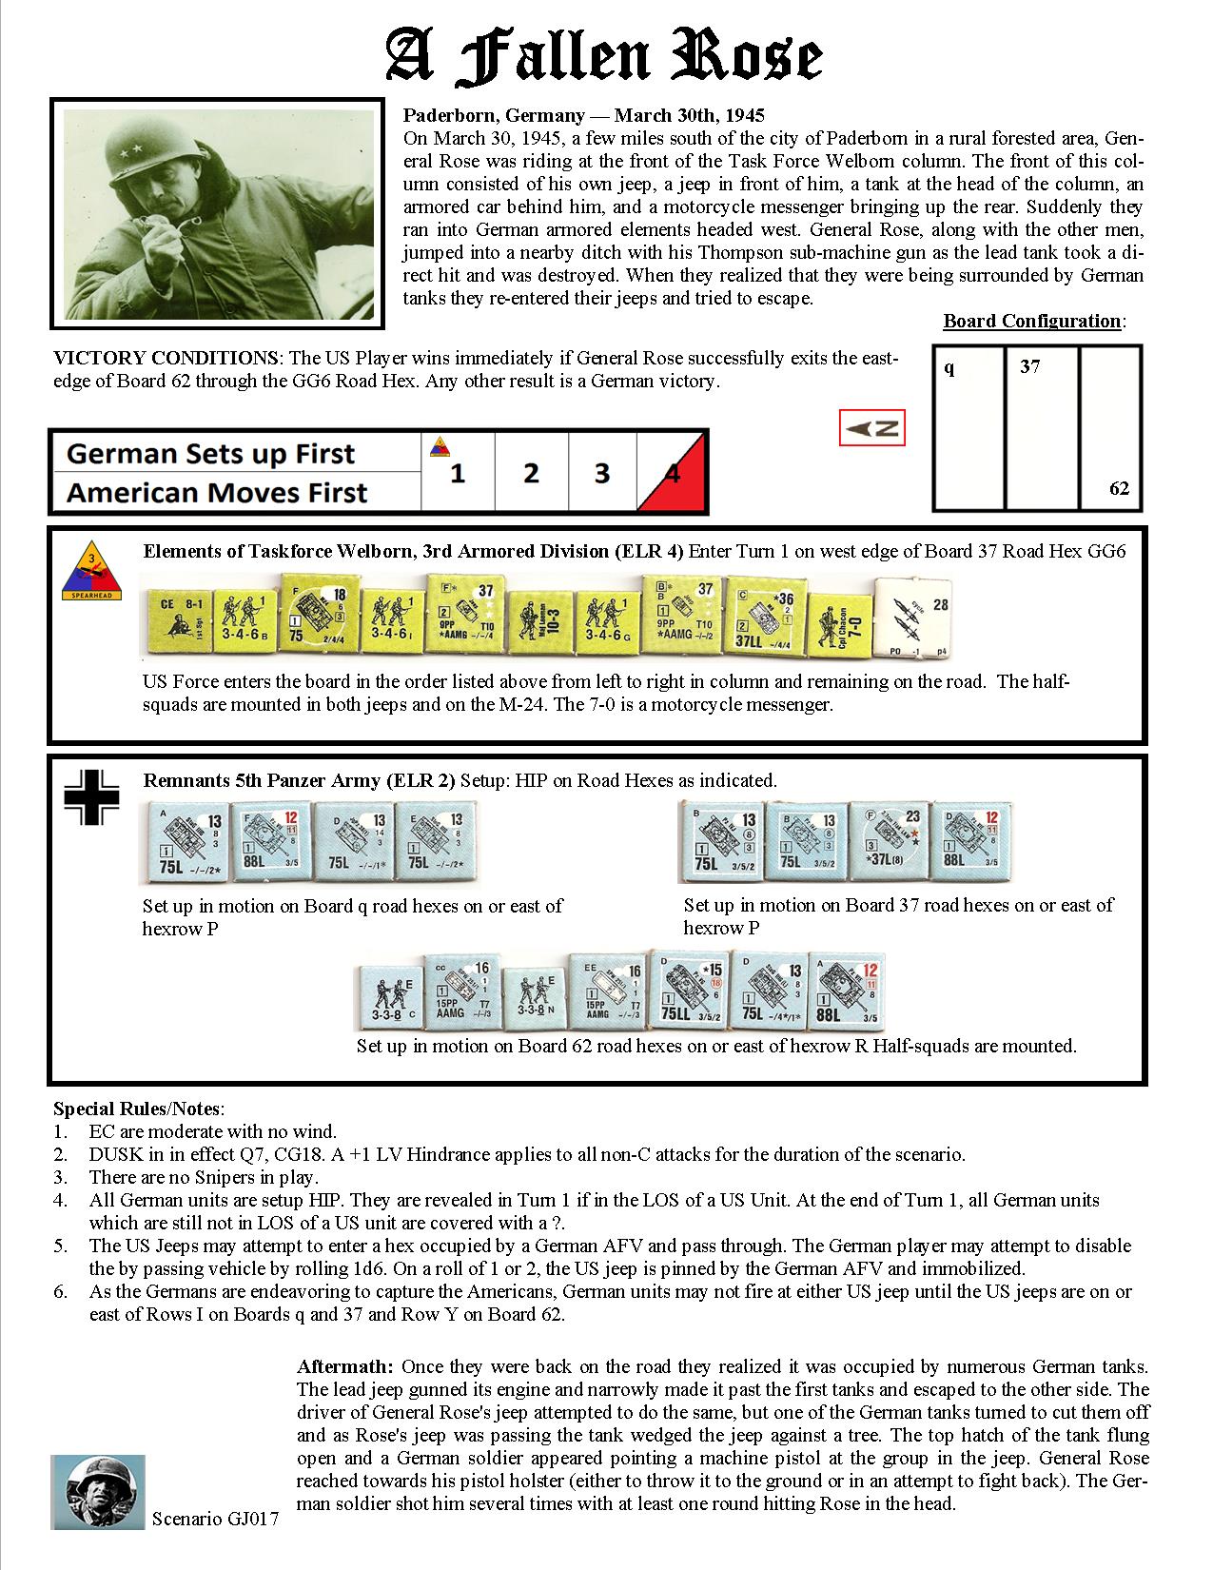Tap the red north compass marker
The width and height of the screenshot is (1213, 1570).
coord(872,428)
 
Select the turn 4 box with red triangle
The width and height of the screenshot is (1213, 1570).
coord(675,473)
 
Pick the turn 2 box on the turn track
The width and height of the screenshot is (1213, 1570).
coord(531,473)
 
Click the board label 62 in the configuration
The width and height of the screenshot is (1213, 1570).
coord(1119,488)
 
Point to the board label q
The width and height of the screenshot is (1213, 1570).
coord(949,367)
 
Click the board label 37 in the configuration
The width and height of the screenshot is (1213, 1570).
coord(1029,366)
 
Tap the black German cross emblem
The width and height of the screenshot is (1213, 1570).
coord(91,797)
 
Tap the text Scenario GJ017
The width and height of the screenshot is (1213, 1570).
coord(215,1520)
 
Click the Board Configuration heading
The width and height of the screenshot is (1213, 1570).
coord(1031,321)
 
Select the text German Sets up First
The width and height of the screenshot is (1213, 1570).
coord(210,454)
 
